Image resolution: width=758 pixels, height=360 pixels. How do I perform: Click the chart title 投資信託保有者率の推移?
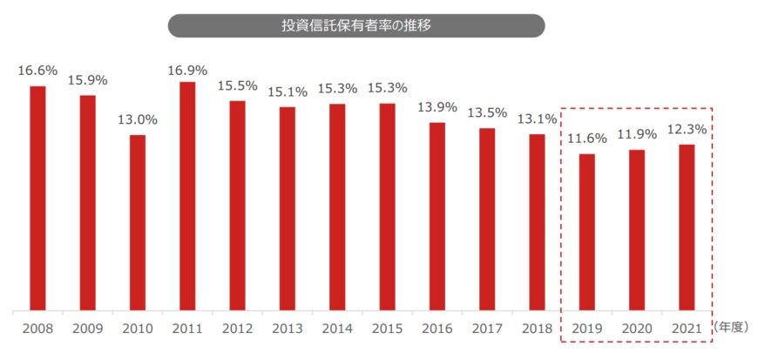coord(356,24)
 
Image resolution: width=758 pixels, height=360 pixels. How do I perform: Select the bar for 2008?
coord(37,198)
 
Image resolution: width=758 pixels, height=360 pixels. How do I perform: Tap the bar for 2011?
coord(187,196)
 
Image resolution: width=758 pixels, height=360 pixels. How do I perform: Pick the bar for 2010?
coord(138,222)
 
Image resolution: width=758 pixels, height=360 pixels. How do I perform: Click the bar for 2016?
coord(437,216)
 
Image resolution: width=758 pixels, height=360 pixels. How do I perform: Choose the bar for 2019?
coord(587,232)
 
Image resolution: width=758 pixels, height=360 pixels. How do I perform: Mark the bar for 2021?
coord(687,228)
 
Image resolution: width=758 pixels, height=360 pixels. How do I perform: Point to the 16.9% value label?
coord(187,68)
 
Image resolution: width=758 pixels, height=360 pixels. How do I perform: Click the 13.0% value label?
coord(138,121)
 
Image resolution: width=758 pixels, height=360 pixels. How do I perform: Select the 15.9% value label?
coord(87,80)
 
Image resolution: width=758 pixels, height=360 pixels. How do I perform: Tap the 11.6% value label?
coord(587,139)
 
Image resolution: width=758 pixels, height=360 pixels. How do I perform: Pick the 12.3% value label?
coord(687,130)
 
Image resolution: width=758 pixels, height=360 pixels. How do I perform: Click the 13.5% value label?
coord(487,114)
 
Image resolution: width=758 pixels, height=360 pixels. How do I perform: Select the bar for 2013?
coord(288,208)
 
